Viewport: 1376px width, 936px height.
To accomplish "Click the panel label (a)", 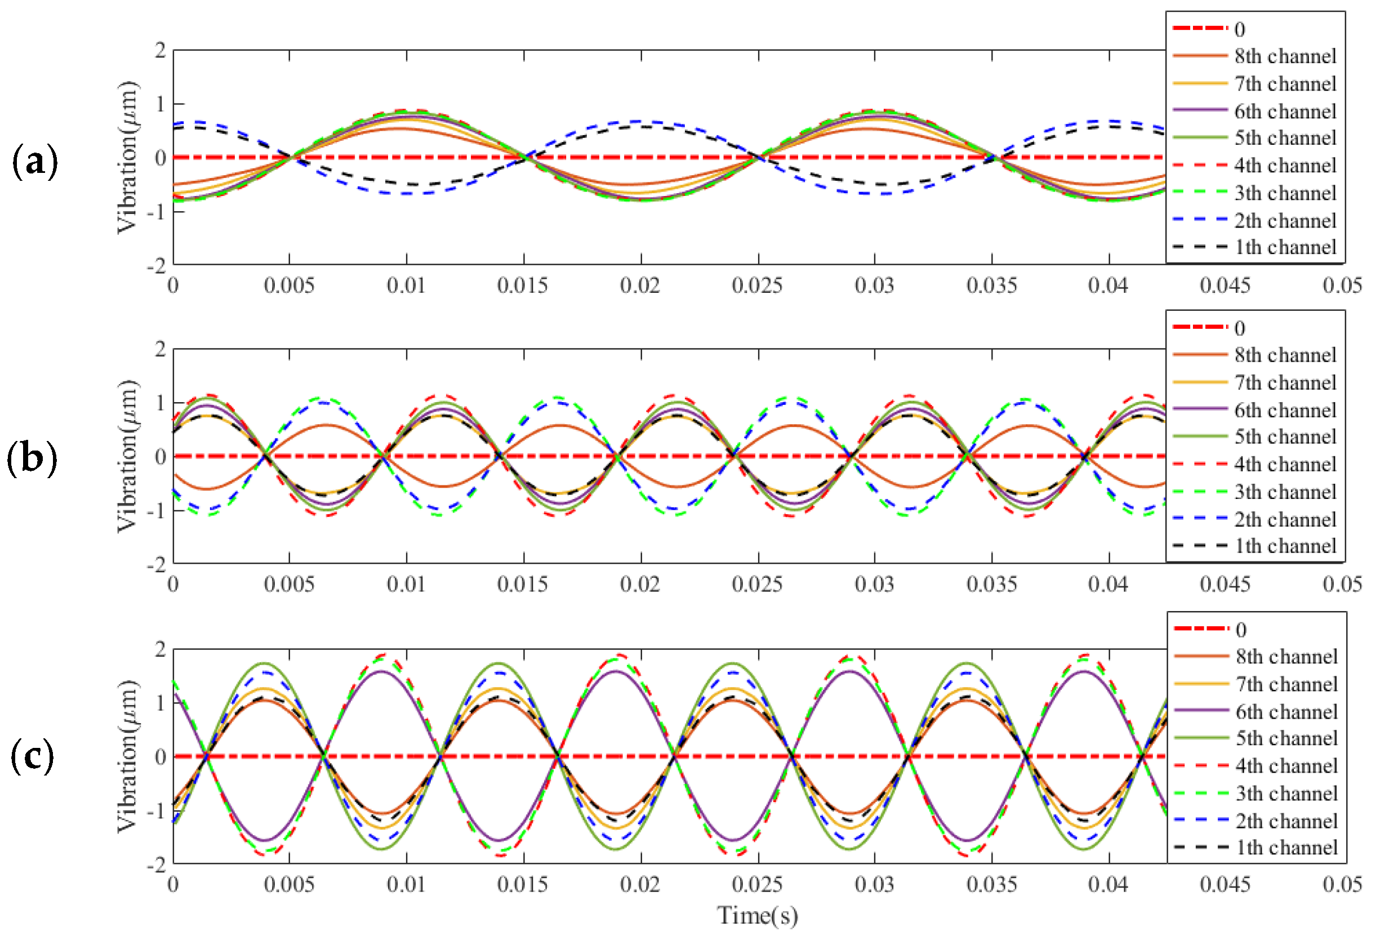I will click(x=34, y=161).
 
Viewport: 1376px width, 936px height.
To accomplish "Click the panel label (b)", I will click(x=32, y=459).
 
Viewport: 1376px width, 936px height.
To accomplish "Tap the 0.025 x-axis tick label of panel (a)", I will click(x=757, y=286).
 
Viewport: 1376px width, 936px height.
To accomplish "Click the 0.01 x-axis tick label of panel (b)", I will click(x=406, y=585).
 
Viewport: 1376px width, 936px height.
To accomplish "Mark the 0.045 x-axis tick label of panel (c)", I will click(x=1225, y=885).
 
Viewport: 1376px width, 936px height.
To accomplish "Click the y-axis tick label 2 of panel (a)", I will click(x=160, y=51).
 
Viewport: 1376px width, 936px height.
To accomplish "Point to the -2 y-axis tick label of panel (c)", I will click(x=157, y=865).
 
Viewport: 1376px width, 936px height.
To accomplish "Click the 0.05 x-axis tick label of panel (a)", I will click(x=1342, y=286).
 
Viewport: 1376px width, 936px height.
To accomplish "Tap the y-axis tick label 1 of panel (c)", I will click(x=161, y=703).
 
